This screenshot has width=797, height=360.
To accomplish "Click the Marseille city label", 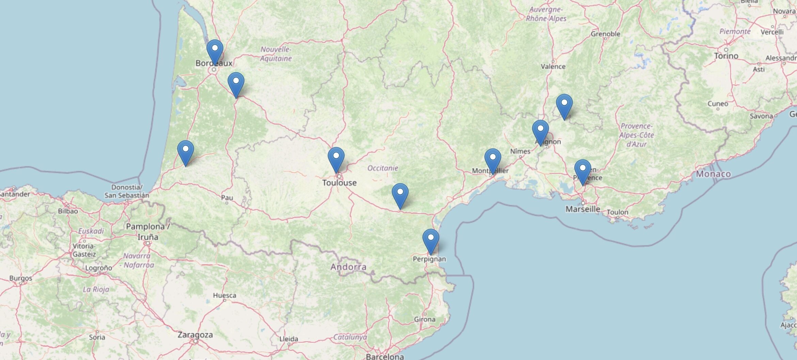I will pyautogui.click(x=583, y=209).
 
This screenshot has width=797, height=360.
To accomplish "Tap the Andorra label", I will pyautogui.click(x=348, y=267).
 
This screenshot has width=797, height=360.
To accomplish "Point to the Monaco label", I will pyautogui.click(x=713, y=174).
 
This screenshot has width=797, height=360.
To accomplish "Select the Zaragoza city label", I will pyautogui.click(x=195, y=335).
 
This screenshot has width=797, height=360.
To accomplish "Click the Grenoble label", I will pyautogui.click(x=606, y=34).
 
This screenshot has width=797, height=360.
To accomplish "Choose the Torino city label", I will pyautogui.click(x=726, y=56).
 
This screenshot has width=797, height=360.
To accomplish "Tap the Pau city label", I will pyautogui.click(x=227, y=198).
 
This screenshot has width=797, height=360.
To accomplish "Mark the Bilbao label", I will pyautogui.click(x=68, y=211).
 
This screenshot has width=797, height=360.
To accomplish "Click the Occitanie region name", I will pyautogui.click(x=382, y=168).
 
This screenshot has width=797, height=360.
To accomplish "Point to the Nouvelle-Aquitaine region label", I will pyautogui.click(x=276, y=54).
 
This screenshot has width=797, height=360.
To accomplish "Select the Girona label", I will pyautogui.click(x=425, y=319).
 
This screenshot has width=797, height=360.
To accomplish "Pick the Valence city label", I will pyautogui.click(x=553, y=66).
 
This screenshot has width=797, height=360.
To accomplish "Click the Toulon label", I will pyautogui.click(x=618, y=212).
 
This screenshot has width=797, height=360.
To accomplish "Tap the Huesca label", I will pyautogui.click(x=224, y=295).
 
